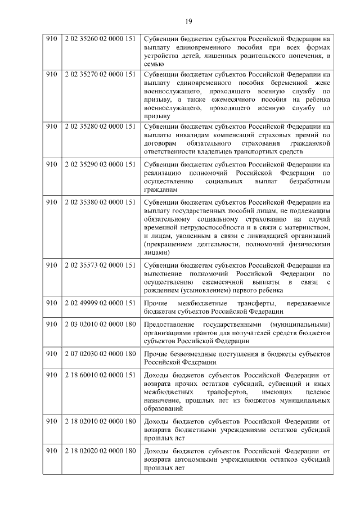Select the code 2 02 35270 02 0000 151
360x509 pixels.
pyautogui.click(x=100, y=74)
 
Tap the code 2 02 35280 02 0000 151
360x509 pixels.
pyautogui.click(x=100, y=126)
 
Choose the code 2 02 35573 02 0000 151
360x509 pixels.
pyautogui.click(x=100, y=265)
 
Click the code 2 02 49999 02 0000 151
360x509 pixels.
pyautogui.click(x=100, y=303)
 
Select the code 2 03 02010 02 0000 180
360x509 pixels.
pyautogui.click(x=100, y=325)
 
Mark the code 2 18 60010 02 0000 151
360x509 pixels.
pyautogui.click(x=100, y=375)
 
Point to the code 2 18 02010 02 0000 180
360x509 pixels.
pyautogui.click(x=100, y=421)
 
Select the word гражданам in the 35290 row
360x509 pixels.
pyautogui.click(x=160, y=190)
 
